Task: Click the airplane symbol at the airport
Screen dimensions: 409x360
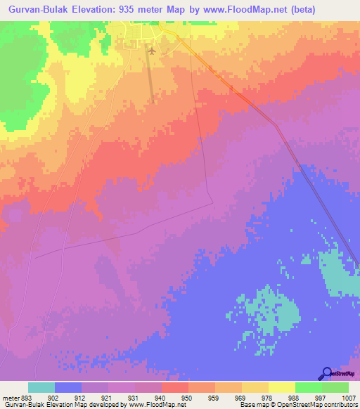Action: click(151, 50)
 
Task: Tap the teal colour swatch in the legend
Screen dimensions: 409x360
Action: click(41, 387)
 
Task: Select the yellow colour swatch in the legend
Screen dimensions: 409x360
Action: click(281, 387)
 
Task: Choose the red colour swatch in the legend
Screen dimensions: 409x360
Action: click(174, 387)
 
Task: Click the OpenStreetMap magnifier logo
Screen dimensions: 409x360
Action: click(326, 373)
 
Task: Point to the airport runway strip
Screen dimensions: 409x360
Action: click(152, 77)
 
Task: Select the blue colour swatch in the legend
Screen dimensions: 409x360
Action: click(68, 387)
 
